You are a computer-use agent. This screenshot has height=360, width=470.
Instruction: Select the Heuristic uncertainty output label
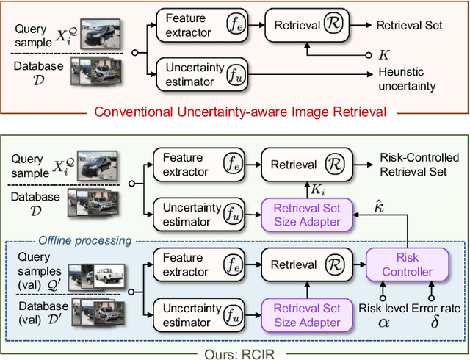(407, 79)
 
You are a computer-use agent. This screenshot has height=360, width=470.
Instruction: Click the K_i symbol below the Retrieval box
(315, 190)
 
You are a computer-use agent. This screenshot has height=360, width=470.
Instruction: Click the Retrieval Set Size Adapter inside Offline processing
(308, 316)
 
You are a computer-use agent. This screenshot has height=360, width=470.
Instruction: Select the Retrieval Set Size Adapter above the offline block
(308, 215)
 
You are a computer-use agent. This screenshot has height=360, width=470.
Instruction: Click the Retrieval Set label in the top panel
(409, 25)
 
